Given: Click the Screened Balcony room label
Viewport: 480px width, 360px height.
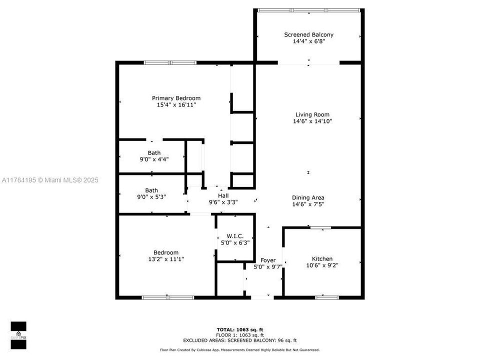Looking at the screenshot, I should click(x=308, y=34).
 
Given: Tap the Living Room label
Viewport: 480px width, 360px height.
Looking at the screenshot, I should click(x=312, y=114).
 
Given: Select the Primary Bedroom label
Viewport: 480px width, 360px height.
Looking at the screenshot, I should click(x=176, y=98).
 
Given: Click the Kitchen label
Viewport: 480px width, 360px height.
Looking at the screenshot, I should click(x=322, y=258).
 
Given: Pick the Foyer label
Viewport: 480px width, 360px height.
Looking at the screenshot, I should click(x=268, y=260).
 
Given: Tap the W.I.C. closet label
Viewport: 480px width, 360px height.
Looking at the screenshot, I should click(x=234, y=235).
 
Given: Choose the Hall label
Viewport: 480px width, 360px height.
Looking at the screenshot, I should click(x=223, y=195).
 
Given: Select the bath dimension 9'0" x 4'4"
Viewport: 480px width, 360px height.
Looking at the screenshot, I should click(x=154, y=159).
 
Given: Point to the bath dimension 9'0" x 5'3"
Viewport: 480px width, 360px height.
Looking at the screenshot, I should click(x=152, y=197).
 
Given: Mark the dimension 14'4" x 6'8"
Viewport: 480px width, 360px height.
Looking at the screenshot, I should click(x=308, y=41).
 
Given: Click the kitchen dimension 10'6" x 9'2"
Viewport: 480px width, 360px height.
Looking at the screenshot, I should click(x=322, y=265).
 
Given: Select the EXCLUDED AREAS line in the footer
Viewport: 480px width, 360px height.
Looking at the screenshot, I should click(x=239, y=340).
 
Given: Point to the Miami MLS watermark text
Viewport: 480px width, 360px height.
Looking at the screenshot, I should click(x=50, y=179).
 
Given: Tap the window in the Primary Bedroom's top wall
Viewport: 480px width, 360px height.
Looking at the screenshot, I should click(x=170, y=62).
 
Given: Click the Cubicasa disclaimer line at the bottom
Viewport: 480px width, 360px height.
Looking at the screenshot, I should click(x=239, y=350).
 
